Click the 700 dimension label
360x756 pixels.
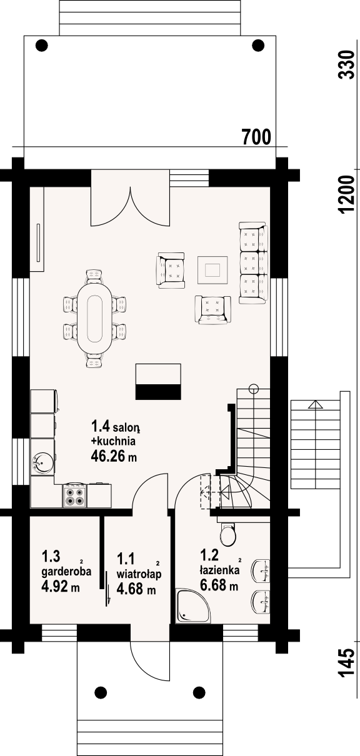(x=257, y=137)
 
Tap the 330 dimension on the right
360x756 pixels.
(x=346, y=65)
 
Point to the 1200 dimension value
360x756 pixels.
(x=346, y=194)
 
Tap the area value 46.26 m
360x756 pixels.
(x=114, y=456)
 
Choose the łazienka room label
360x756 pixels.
(x=219, y=570)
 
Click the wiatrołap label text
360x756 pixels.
(x=139, y=574)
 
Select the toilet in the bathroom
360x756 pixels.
(x=228, y=533)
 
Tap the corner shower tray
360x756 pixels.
(x=193, y=606)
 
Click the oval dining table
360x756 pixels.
(x=94, y=319)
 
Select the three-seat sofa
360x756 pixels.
(x=253, y=263)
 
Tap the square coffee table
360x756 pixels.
(x=212, y=270)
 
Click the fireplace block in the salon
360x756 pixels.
(x=158, y=382)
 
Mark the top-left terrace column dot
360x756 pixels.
(x=42, y=45)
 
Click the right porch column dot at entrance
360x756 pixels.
(x=199, y=692)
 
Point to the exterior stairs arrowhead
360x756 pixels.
(x=316, y=405)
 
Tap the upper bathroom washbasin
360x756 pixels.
(x=261, y=570)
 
